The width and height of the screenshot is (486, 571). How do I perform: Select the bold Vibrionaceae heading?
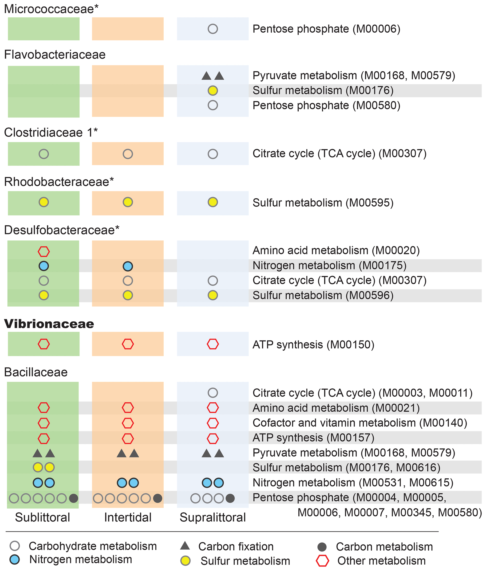(49, 324)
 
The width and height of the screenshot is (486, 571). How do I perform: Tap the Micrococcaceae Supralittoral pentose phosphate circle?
(213, 29)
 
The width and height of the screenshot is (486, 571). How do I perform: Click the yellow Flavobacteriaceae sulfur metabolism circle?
(213, 90)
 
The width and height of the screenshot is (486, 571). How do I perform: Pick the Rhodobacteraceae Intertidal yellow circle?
(128, 202)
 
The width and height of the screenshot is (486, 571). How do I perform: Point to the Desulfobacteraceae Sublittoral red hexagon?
(43, 251)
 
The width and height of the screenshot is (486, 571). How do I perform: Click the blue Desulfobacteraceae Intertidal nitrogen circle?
(128, 266)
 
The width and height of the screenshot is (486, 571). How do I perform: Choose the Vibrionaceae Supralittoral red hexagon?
(213, 344)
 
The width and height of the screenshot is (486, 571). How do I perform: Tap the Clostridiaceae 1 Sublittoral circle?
(43, 154)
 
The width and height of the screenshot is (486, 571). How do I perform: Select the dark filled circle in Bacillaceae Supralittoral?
(230, 498)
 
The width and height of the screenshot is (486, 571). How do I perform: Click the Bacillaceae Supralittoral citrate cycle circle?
(213, 393)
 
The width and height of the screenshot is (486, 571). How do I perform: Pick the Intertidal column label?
(128, 517)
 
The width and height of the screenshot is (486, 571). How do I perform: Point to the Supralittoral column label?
(213, 517)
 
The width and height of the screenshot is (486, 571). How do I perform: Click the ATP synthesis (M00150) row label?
(313, 344)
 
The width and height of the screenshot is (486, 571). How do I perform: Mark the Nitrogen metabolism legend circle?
(15, 559)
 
